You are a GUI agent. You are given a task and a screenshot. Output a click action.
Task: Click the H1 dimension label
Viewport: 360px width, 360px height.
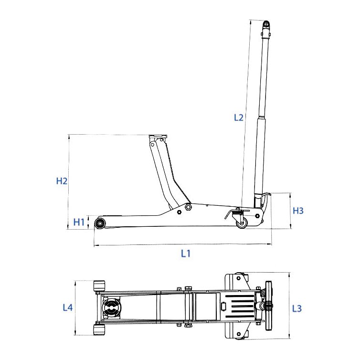(x=79, y=222)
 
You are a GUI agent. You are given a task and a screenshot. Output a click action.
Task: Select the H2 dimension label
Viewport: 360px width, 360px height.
(x=62, y=181)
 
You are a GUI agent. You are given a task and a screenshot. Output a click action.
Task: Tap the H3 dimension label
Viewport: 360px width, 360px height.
(x=298, y=211)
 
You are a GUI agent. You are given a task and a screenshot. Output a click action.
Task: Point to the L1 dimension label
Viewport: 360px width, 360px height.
(x=185, y=254)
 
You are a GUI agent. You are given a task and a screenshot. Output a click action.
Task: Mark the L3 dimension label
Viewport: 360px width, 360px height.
(x=296, y=308)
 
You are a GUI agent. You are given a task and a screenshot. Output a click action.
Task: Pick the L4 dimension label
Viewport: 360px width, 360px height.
(x=67, y=308)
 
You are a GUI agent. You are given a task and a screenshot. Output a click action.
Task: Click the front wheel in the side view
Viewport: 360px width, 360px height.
(x=101, y=223)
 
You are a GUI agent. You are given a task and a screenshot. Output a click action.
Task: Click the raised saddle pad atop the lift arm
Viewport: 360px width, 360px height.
(x=158, y=138)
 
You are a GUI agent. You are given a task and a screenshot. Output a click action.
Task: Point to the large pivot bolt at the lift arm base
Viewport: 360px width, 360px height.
(x=189, y=207)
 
